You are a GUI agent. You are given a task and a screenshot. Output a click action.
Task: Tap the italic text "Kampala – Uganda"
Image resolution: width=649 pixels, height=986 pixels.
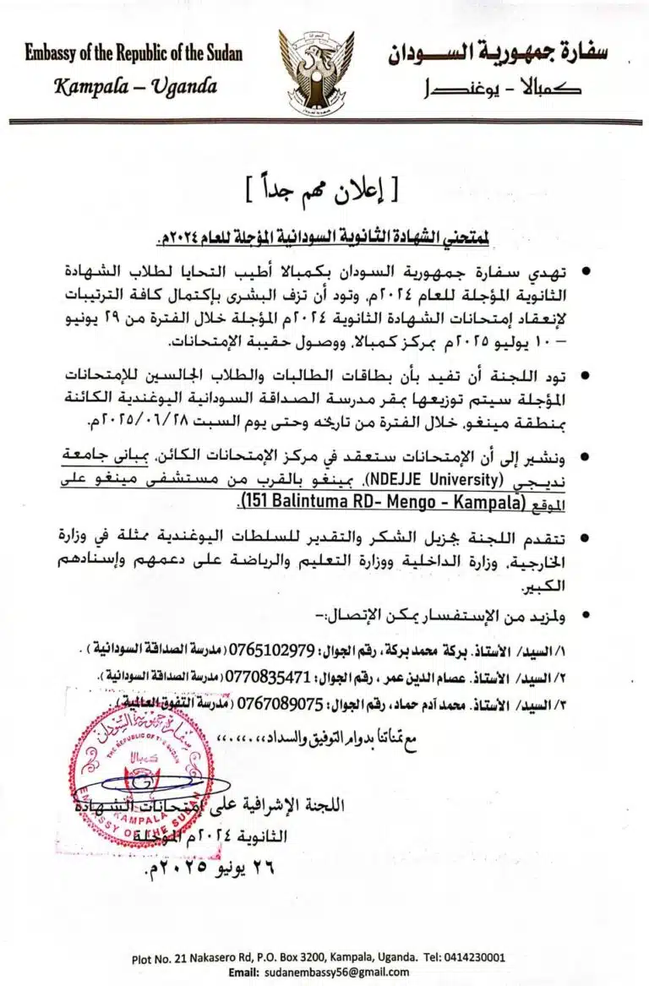pos(135,86)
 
